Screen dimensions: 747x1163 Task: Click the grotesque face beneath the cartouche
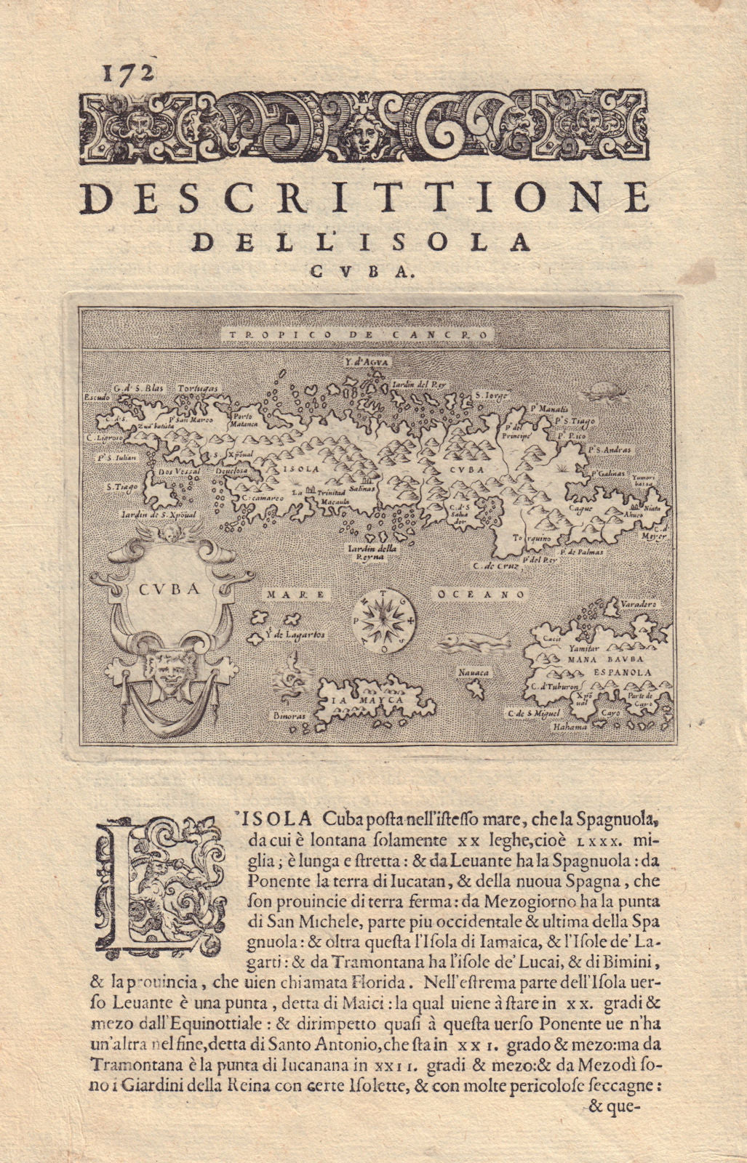[x=164, y=672]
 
